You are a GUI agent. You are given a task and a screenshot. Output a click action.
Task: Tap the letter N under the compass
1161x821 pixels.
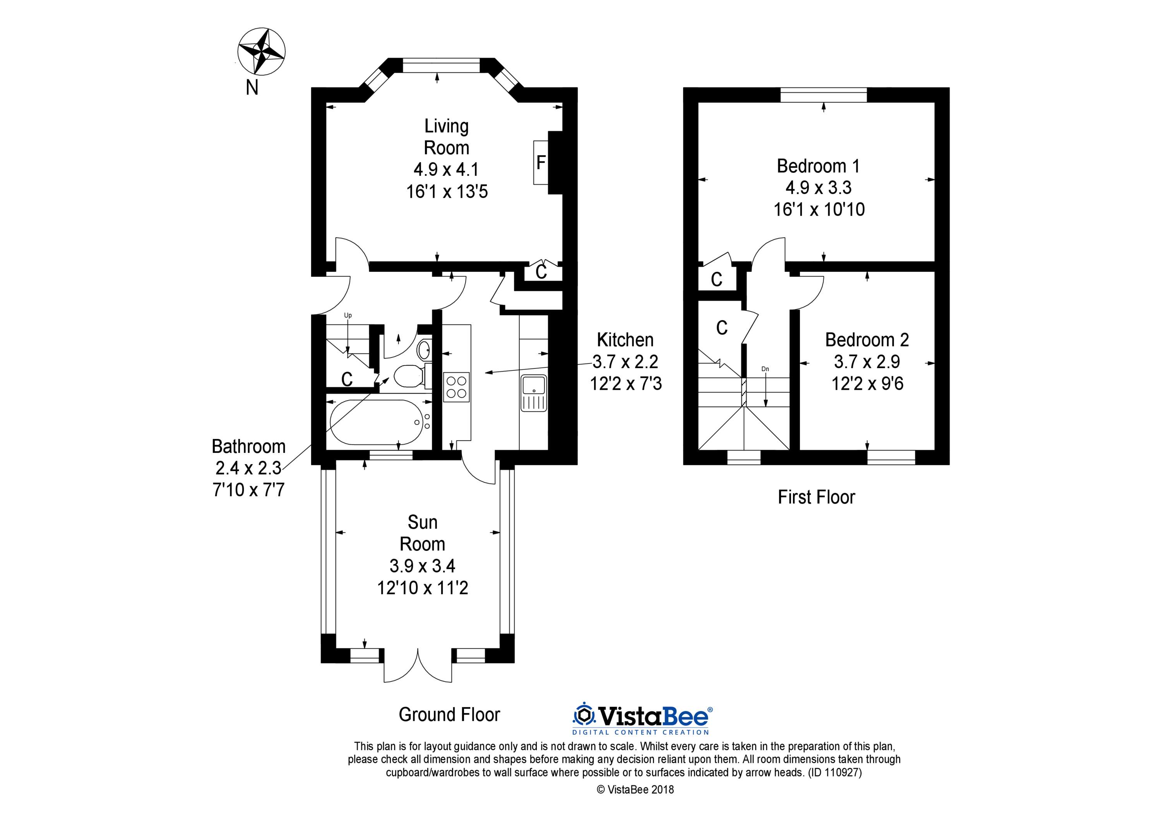click(x=252, y=88)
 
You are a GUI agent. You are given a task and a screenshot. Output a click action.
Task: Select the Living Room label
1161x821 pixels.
click(x=447, y=137)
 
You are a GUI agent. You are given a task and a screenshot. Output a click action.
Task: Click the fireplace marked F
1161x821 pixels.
click(x=541, y=162)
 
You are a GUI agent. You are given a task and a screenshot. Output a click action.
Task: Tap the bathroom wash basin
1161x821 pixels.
click(x=424, y=348)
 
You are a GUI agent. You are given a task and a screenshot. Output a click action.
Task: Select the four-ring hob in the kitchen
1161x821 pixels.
click(x=457, y=387)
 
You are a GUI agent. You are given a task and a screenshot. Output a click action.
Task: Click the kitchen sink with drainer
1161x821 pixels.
click(x=533, y=399)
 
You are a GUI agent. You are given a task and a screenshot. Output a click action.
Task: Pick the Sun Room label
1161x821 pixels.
click(x=422, y=533)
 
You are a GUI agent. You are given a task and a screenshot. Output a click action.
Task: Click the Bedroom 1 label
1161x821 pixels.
click(x=818, y=166)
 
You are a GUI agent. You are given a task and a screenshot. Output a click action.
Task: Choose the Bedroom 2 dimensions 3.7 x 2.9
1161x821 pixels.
click(x=867, y=362)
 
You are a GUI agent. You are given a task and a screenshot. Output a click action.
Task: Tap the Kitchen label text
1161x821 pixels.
click(x=625, y=339)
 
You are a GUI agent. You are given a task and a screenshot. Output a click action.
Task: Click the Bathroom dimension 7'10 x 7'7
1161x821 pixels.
click(x=249, y=490)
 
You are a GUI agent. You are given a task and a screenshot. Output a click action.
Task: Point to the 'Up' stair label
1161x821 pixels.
click(x=348, y=315)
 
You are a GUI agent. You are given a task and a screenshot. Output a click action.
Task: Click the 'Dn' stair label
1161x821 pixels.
click(x=765, y=369)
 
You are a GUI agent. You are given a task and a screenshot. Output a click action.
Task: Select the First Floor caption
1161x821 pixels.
click(x=816, y=497)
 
